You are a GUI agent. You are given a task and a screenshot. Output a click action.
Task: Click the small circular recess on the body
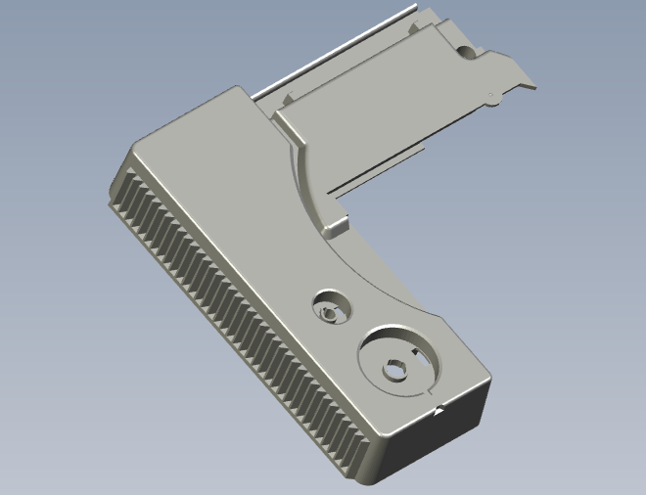330,306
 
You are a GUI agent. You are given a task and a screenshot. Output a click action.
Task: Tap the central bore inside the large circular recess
395,371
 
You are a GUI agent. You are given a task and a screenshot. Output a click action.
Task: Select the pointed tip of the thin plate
534,86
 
